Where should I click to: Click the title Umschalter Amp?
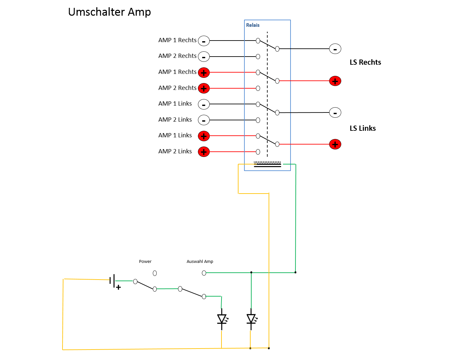click(109, 12)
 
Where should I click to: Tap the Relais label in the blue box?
click(253, 25)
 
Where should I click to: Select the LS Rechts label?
click(365, 62)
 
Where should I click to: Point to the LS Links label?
click(363, 129)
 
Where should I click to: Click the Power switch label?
click(145, 262)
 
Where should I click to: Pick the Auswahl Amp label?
click(200, 262)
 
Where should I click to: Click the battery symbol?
click(112, 281)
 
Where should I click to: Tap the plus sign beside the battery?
click(118, 287)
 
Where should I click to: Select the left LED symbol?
click(222, 319)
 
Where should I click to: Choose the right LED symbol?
click(251, 319)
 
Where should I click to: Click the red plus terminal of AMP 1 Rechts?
click(204, 73)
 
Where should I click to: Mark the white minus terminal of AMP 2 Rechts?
click(204, 57)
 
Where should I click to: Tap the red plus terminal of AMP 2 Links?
click(204, 152)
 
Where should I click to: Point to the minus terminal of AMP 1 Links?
click(204, 104)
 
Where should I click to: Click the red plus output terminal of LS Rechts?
click(335, 81)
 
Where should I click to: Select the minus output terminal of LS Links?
click(335, 112)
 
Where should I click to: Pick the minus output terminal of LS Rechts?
click(335, 49)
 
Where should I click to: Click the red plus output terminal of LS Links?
click(335, 144)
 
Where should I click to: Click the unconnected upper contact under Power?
click(155, 273)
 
